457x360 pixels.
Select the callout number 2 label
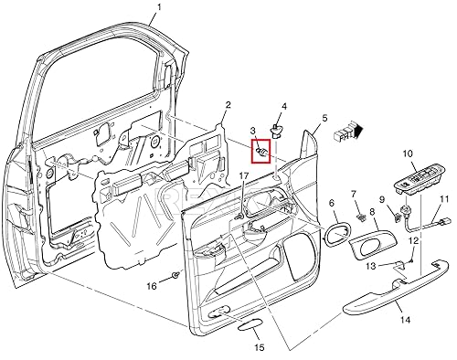pos(228,105)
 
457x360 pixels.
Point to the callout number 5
pos(324,119)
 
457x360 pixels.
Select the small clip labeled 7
pos(361,217)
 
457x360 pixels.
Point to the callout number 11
pos(443,199)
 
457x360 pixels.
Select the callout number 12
pos(413,240)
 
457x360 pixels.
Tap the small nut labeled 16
pos(175,275)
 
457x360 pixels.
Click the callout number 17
pos(244,175)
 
